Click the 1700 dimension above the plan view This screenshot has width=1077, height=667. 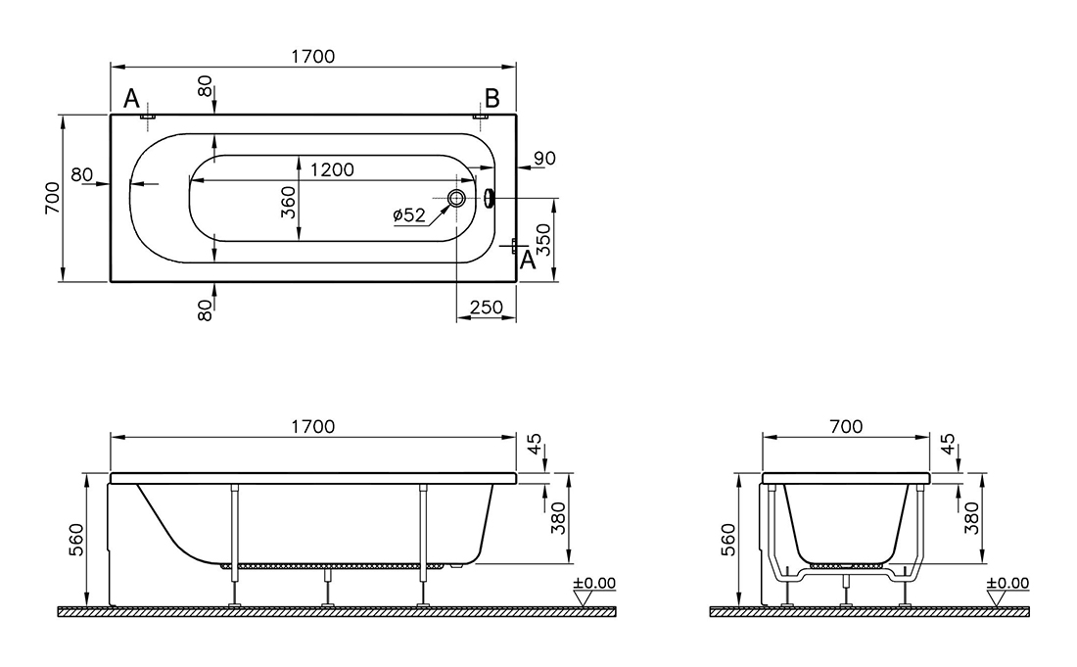click(x=313, y=57)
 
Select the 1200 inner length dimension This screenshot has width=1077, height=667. click(x=333, y=169)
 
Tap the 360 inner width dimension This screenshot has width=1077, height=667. click(x=289, y=203)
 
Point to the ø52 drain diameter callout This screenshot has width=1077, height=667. click(x=409, y=215)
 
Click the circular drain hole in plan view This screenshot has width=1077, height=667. click(x=457, y=199)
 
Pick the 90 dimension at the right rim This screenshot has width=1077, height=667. click(x=544, y=158)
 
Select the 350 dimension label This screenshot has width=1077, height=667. click(x=543, y=239)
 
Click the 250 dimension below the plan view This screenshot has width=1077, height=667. click(x=487, y=307)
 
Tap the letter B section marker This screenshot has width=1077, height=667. click(x=492, y=98)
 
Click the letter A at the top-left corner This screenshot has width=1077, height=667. click(x=131, y=99)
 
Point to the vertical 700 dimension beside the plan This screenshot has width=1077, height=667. click(x=53, y=198)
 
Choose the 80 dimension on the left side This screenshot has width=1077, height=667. click(x=81, y=174)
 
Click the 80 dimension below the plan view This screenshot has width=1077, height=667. click(x=205, y=310)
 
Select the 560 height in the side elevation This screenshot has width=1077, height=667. click(x=76, y=540)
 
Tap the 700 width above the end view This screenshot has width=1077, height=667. click(x=846, y=427)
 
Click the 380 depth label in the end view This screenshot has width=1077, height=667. click(x=971, y=518)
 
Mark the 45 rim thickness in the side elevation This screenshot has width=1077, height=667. click(x=535, y=443)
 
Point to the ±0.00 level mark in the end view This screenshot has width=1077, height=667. click(x=1008, y=583)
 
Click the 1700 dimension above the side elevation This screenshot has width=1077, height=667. click(x=313, y=427)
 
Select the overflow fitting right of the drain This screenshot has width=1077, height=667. click(x=489, y=199)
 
